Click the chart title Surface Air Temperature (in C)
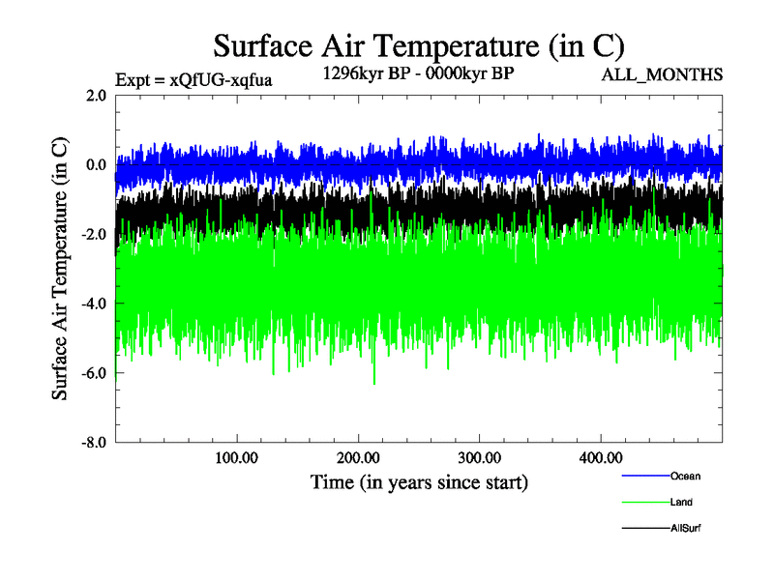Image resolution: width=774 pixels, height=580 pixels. pyautogui.click(x=419, y=45)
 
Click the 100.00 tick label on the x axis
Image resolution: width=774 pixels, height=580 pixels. pyautogui.click(x=237, y=457)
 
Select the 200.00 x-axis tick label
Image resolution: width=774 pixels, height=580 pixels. pyautogui.click(x=358, y=457)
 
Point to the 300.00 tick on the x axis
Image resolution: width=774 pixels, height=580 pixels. pyautogui.click(x=479, y=457)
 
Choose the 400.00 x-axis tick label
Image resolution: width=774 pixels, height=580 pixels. pyautogui.click(x=600, y=457)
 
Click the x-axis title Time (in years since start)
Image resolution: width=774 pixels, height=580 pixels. pyautogui.click(x=419, y=481)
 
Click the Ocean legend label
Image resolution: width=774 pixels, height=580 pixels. pyautogui.click(x=685, y=476)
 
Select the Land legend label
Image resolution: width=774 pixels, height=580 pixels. pyautogui.click(x=681, y=503)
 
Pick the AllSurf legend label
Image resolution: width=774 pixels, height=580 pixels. pyautogui.click(x=685, y=529)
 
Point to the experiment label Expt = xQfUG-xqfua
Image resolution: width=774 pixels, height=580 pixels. pyautogui.click(x=193, y=79)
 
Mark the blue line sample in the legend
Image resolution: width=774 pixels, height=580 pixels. pyautogui.click(x=644, y=477)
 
